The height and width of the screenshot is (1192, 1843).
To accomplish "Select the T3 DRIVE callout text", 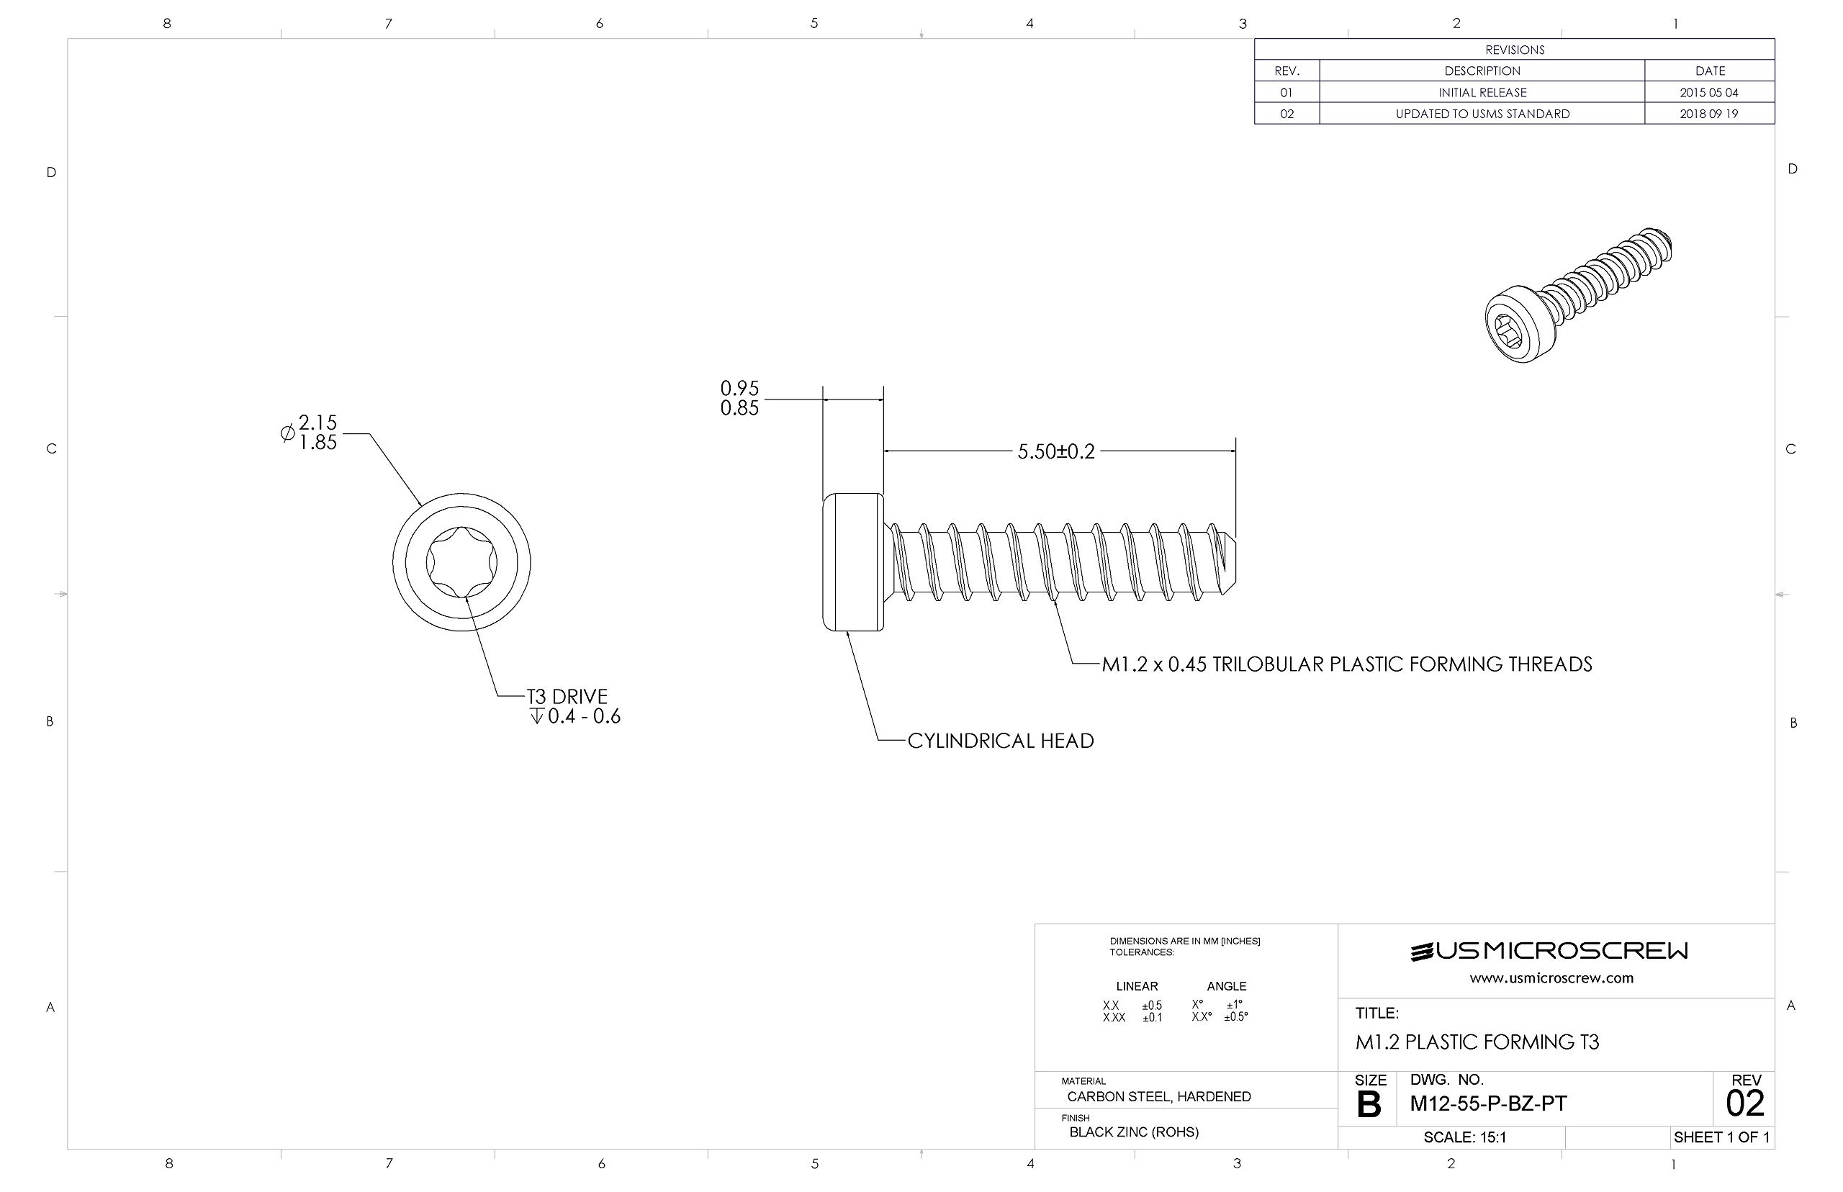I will (567, 697).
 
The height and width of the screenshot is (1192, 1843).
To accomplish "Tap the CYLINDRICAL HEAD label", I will (1000, 741).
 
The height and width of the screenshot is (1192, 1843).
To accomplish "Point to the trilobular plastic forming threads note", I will (1346, 664).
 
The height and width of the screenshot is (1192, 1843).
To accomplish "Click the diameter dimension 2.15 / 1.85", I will (317, 433).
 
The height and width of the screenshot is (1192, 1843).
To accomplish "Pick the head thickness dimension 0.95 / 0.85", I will (739, 398).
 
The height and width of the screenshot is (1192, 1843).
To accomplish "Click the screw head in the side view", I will (852, 562).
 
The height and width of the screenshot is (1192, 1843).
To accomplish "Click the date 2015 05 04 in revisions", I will (1708, 92).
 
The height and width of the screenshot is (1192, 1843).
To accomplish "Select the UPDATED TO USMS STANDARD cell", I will (1482, 114).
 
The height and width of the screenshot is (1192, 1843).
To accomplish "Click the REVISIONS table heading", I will (1514, 50).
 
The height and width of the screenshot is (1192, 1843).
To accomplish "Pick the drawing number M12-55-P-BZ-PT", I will (1487, 1103).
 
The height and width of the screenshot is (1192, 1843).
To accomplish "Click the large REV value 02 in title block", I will (1744, 1103).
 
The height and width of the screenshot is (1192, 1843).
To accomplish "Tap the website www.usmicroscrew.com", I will (1551, 978).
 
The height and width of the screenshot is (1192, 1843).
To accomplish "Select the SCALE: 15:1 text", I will (1464, 1137).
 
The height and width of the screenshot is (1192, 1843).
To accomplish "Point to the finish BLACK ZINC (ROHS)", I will (1133, 1132).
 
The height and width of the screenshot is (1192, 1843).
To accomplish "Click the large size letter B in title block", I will (1369, 1104).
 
